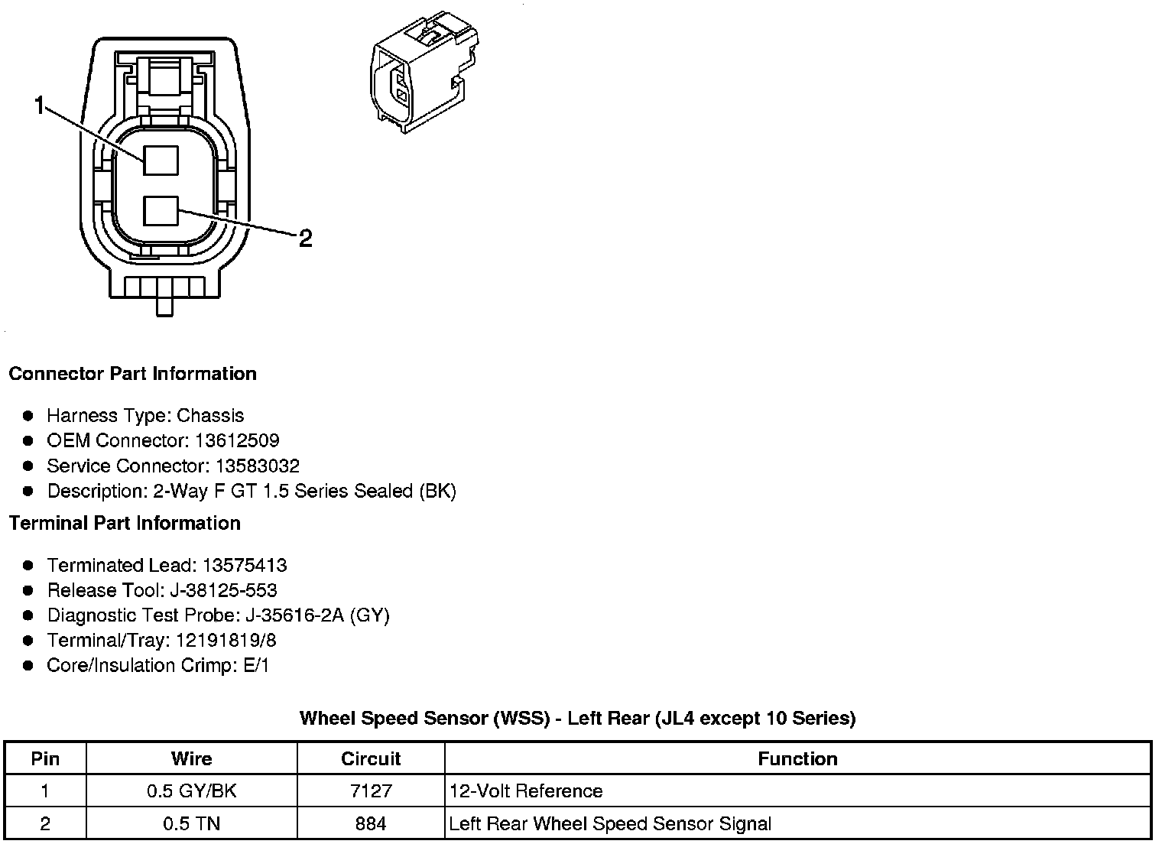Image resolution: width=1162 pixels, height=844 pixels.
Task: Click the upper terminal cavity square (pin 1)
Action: coord(161,161)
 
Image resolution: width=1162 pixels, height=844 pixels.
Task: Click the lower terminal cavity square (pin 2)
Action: coord(161,211)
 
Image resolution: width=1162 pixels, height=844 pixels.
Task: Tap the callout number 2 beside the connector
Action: coord(305,239)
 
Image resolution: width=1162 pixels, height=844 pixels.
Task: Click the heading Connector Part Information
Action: coord(132,374)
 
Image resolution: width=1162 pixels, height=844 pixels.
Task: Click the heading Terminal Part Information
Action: coord(125,524)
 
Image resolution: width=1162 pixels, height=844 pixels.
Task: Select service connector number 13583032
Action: coord(257,466)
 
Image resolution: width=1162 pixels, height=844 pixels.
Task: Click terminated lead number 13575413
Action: coord(244,566)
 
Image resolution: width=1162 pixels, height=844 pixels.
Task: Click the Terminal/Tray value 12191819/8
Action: coord(226,641)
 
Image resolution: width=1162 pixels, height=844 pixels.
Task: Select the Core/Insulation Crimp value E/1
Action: coord(256,666)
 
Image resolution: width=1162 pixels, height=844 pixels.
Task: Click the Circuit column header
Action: coord(371,759)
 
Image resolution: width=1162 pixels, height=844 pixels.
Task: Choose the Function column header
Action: coord(797,759)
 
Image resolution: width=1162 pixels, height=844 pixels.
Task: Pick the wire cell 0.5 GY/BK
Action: coord(191,791)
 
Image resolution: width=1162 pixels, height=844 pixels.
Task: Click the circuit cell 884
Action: coord(371,824)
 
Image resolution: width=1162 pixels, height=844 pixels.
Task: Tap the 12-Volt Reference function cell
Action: coord(526,791)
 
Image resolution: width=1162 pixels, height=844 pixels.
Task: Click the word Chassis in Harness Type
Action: coord(210,416)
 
